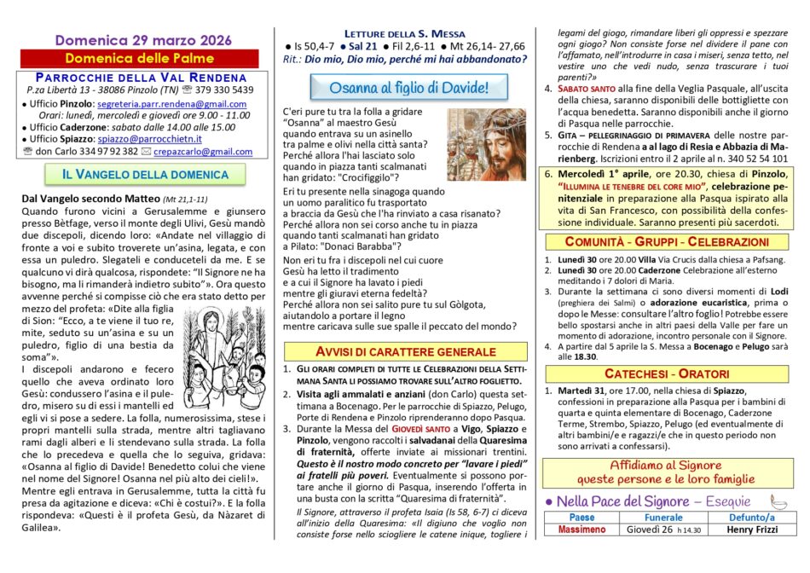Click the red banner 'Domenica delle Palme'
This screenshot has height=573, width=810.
138,58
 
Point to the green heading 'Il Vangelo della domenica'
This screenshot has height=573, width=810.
138,176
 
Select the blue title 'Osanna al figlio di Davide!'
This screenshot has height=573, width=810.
410,88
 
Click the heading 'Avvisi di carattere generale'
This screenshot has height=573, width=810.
405,351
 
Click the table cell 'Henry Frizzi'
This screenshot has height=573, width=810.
752,530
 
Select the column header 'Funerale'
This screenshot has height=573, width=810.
663,517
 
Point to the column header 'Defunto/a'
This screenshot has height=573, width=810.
752,517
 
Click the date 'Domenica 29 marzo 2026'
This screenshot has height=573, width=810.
138,39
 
